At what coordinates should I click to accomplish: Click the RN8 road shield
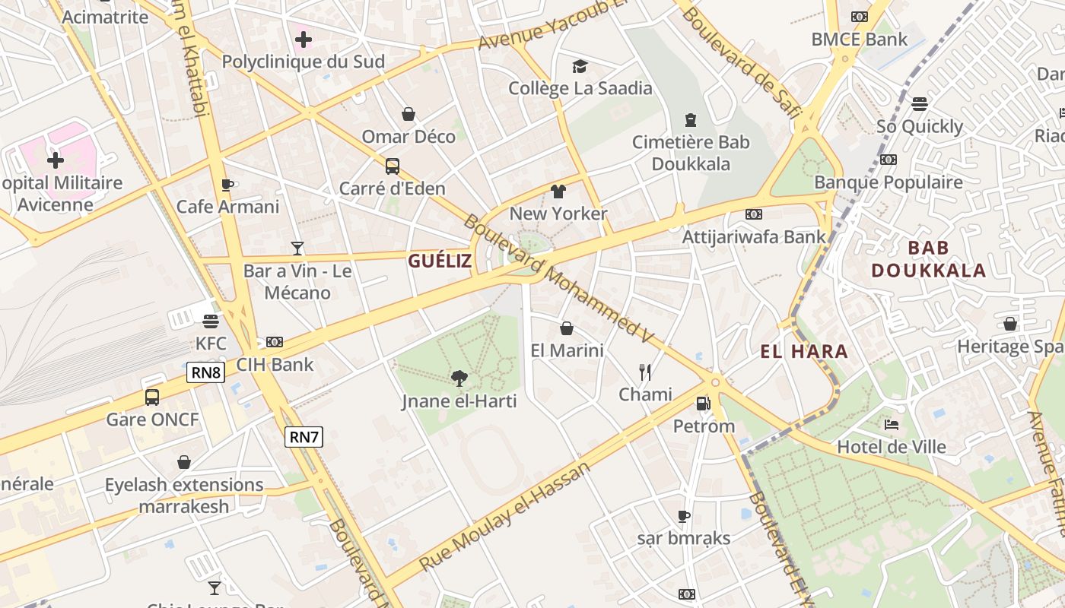(x=206, y=372)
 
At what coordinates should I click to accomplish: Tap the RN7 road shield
(x=304, y=437)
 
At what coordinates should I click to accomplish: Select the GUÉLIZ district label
(x=440, y=261)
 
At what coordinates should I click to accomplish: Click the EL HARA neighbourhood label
(x=804, y=351)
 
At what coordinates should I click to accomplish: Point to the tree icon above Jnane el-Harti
(x=459, y=378)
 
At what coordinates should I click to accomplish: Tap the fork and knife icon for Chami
(x=645, y=372)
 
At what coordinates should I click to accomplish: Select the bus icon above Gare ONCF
(x=152, y=397)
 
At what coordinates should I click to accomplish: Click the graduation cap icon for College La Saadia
(x=580, y=66)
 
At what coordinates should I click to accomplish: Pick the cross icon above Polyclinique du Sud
(x=303, y=39)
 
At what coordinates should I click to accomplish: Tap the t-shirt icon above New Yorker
(x=558, y=192)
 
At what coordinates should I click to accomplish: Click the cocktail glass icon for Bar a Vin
(x=297, y=249)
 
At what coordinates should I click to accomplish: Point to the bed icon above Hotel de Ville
(x=892, y=425)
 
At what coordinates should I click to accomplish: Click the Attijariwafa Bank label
(x=753, y=236)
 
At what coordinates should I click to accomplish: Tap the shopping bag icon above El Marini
(x=567, y=328)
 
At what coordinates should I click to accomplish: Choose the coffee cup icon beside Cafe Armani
(x=227, y=185)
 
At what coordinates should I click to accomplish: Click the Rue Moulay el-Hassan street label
(x=505, y=518)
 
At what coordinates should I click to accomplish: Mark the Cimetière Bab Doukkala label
(x=691, y=153)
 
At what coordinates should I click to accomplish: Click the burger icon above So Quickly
(x=920, y=104)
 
